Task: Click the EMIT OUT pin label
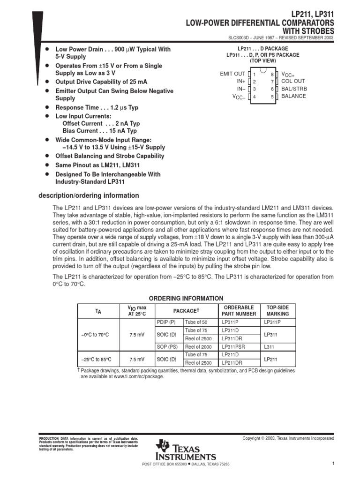[232, 74]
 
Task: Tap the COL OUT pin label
[293, 81]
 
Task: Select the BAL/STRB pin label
[294, 89]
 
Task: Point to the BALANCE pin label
[293, 96]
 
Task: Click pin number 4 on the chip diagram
[254, 97]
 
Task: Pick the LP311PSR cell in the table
[233, 347]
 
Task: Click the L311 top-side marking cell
[270, 347]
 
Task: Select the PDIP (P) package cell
[166, 322]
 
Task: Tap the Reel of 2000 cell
[198, 347]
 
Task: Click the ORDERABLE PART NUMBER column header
[239, 310]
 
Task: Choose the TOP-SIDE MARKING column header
[278, 310]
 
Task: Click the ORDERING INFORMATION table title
[186, 299]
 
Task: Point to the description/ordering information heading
[89, 195]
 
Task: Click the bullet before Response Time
[47, 107]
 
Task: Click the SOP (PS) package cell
[167, 347]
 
